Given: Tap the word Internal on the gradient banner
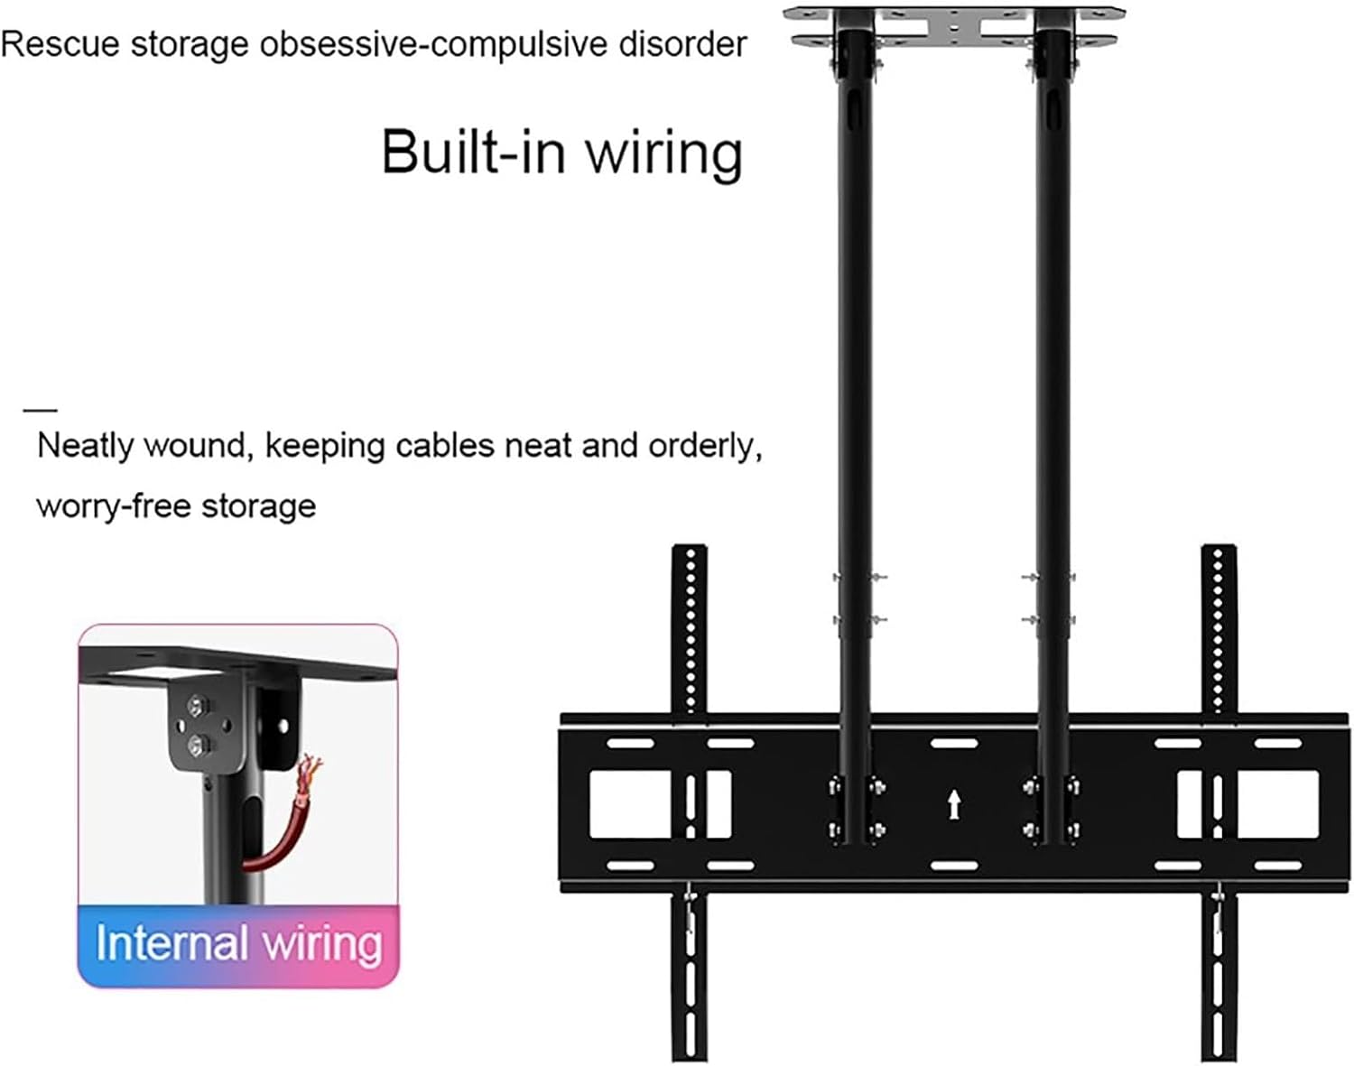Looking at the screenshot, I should (172, 944).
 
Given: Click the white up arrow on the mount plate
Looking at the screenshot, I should (954, 803).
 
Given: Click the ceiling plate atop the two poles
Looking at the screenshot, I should (955, 26).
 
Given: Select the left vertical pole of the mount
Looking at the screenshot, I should (854, 361).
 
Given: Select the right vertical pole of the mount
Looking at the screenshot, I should (1053, 361).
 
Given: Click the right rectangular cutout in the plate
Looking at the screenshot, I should (1273, 803).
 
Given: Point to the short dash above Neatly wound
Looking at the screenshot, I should (41, 410).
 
